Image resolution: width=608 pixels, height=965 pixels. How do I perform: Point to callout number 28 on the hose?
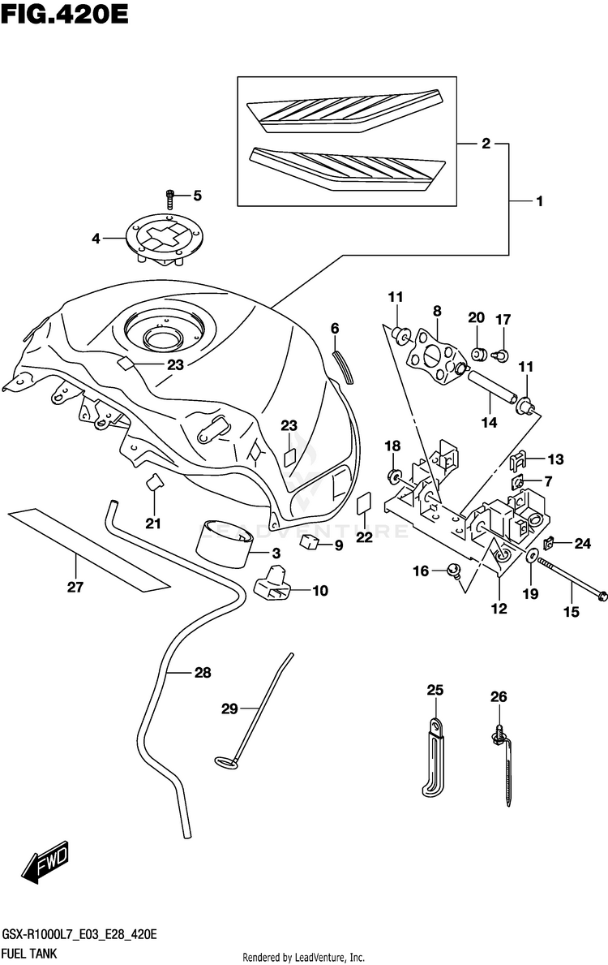point(202,673)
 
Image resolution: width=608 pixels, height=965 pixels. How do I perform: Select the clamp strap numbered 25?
point(433,757)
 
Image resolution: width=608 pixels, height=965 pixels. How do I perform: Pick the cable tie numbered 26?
point(503,766)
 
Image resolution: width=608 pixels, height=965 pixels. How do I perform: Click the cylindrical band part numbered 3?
point(225,544)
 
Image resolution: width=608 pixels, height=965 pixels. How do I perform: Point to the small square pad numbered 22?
point(364,502)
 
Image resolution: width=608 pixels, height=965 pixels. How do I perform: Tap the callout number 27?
point(75,587)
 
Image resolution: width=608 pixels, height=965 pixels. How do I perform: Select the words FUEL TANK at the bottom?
point(29,954)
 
